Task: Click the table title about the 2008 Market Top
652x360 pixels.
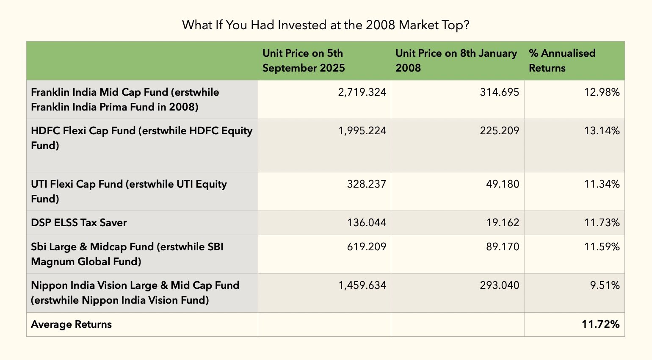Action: click(x=326, y=25)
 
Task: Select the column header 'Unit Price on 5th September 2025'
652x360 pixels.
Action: click(x=303, y=61)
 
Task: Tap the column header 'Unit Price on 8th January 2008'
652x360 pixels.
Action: click(x=456, y=61)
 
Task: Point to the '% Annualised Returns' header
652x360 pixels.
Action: click(x=562, y=61)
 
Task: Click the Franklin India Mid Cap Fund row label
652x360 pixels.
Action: click(x=125, y=100)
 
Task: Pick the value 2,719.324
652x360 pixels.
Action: click(x=362, y=92)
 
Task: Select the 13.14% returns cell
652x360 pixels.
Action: click(x=602, y=131)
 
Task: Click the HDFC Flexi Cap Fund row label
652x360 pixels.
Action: click(x=141, y=138)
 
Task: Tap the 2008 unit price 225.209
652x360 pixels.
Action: click(x=499, y=131)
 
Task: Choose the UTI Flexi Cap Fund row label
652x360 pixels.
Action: click(x=129, y=191)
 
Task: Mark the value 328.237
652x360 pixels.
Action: click(x=366, y=184)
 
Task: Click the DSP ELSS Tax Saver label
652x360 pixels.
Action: click(x=79, y=223)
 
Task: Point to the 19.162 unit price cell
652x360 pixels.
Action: click(x=503, y=223)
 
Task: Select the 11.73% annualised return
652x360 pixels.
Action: click(x=602, y=223)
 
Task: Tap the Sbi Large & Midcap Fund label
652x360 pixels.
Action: click(x=127, y=254)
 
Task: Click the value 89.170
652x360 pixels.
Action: click(x=503, y=247)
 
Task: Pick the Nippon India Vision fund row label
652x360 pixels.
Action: click(x=135, y=293)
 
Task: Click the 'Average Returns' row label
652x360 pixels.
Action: click(x=71, y=324)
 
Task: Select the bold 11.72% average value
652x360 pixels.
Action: click(x=600, y=324)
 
